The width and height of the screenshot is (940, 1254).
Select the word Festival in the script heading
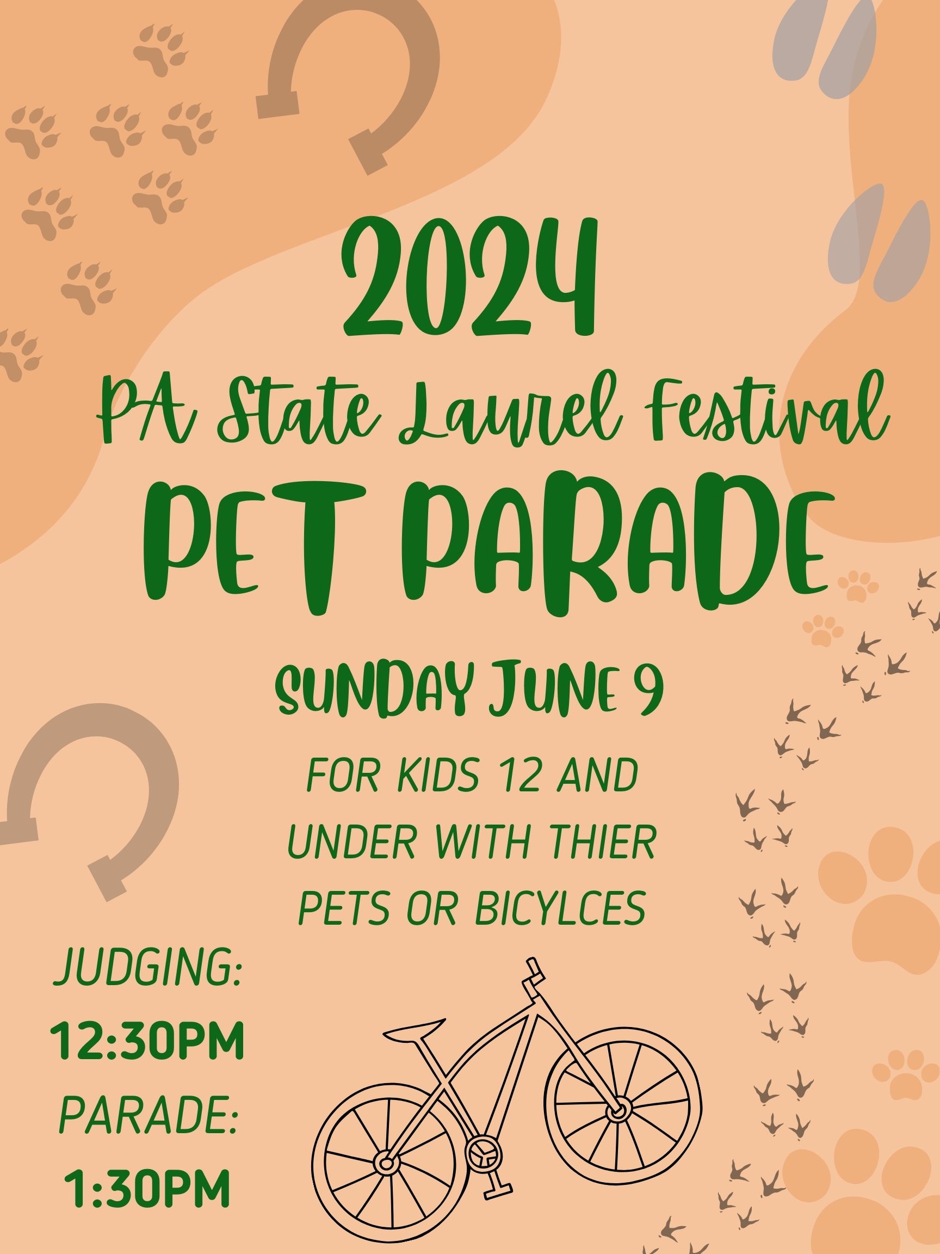tap(747, 412)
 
